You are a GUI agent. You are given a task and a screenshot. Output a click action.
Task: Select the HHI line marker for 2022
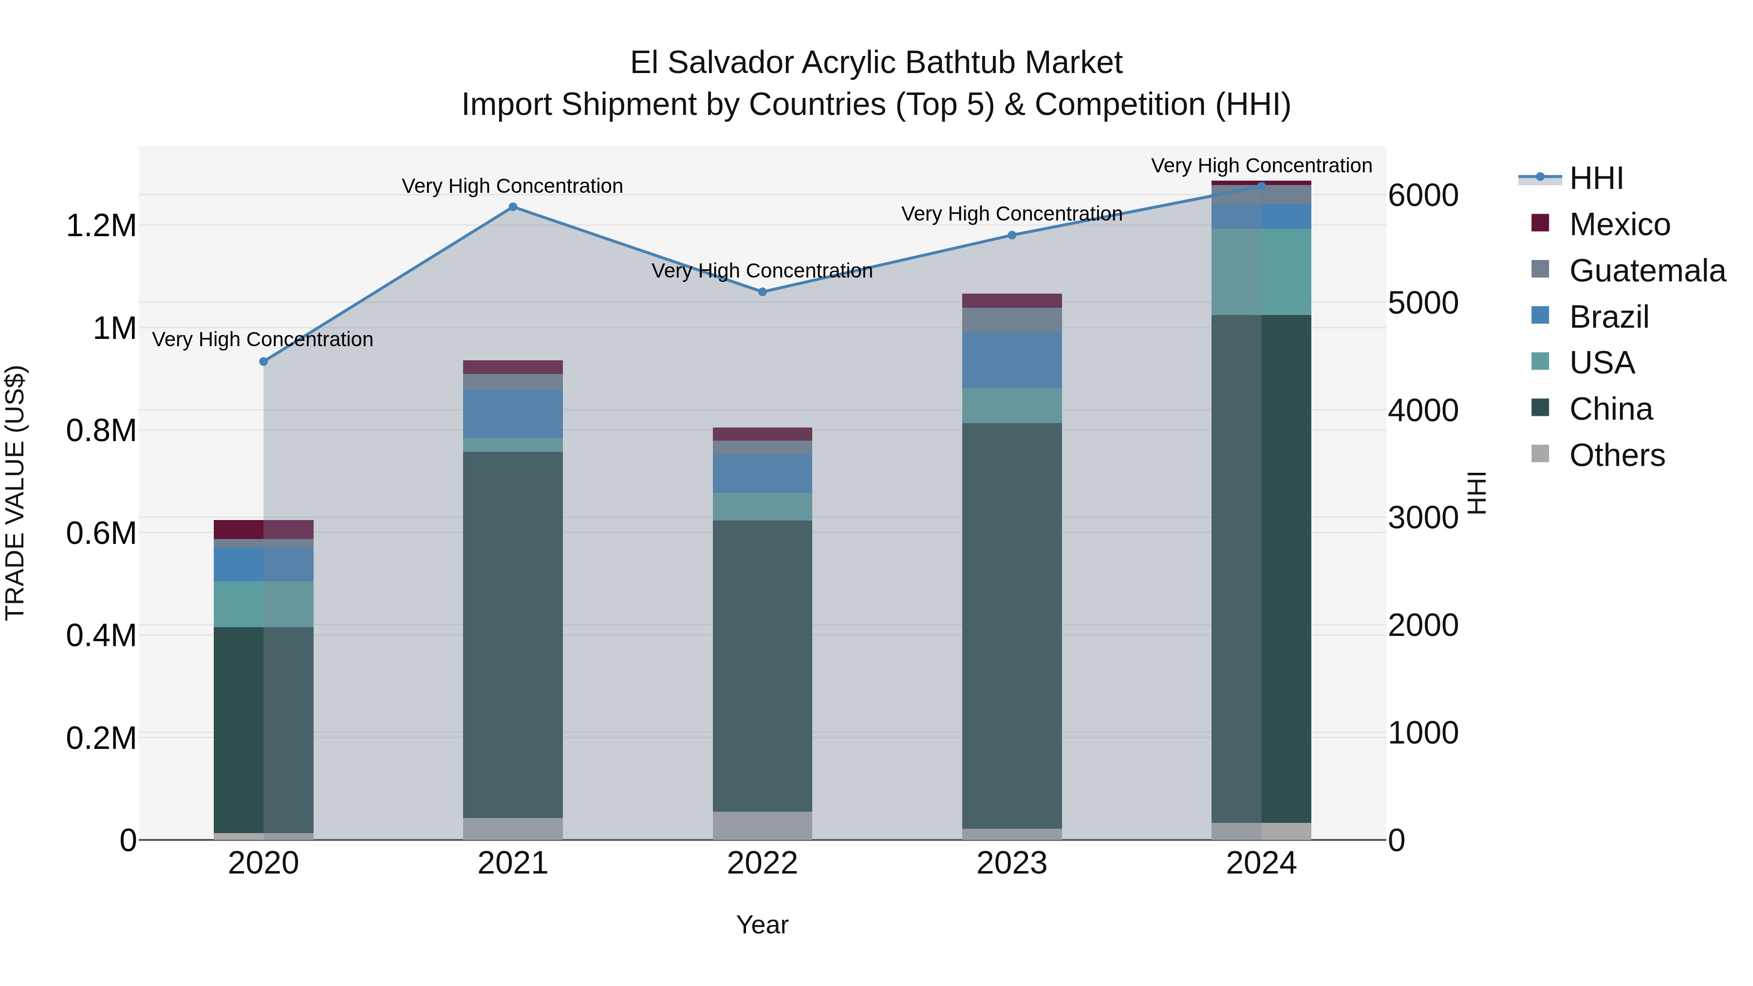coord(762,292)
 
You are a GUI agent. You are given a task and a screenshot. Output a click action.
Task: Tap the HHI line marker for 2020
coord(264,361)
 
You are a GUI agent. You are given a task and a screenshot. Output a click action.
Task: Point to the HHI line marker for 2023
coord(1011,236)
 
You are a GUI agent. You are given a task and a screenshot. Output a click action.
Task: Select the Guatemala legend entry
coord(1646,271)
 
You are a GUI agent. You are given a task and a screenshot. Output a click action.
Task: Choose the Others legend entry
coord(1616,455)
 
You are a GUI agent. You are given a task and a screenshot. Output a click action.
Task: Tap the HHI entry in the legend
coord(1596,178)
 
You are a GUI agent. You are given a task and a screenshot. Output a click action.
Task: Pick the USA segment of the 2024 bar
coord(1261,272)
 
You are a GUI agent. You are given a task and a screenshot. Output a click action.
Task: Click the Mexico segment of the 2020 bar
coord(264,529)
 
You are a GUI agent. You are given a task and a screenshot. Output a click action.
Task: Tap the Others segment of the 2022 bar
coord(762,825)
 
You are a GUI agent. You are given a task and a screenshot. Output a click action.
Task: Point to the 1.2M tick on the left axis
coord(101,226)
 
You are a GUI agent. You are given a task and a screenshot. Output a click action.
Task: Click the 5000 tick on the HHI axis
coord(1423,303)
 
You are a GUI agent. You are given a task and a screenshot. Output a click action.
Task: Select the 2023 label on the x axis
coord(1011,863)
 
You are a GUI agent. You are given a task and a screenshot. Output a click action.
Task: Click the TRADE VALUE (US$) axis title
coord(15,493)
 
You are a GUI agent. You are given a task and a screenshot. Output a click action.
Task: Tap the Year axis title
coord(762,925)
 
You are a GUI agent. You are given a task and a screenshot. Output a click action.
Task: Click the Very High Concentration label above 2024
coord(1261,166)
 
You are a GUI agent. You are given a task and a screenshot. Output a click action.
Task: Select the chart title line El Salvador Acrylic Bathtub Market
coord(876,63)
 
